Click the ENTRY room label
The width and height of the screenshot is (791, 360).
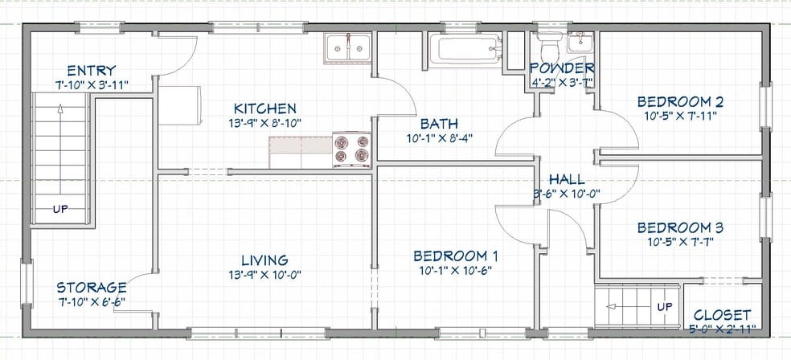point(91,70)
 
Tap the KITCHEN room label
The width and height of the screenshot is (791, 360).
point(264,108)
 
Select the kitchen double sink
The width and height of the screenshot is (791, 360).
point(347,48)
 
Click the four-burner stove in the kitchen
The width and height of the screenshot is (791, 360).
point(352,149)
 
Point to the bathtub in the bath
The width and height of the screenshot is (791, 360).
point(465,50)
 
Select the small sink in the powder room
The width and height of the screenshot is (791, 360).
point(579,43)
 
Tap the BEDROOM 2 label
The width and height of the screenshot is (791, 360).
point(680,101)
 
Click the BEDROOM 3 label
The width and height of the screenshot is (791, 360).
point(680,227)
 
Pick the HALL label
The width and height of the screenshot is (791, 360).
point(567,179)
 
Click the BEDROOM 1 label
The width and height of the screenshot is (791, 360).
point(456,256)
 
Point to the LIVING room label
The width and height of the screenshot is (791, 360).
point(264,260)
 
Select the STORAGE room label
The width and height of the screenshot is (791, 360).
point(91,288)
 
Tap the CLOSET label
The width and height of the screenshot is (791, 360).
point(722,314)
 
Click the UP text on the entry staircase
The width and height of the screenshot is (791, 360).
point(61,210)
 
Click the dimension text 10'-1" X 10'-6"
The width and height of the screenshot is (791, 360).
point(456,270)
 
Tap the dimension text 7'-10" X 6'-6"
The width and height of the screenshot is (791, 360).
point(91,302)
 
